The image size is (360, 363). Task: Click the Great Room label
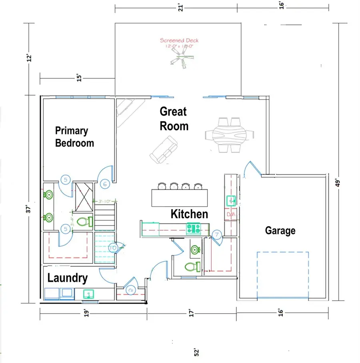coord(174,119)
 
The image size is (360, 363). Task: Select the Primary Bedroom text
coord(74,137)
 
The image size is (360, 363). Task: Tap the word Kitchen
coord(189,214)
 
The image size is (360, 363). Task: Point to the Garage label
coord(280,230)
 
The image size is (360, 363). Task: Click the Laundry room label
coord(68,278)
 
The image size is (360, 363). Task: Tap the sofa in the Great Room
coord(164,150)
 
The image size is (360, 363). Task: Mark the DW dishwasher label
coord(231,215)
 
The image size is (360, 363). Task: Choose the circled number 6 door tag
coord(105,184)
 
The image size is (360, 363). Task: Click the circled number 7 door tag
coord(216,235)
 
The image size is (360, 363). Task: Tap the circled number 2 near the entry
coord(130,290)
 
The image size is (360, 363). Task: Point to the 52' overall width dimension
coord(196,352)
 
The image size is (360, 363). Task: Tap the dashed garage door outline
coord(282,275)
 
